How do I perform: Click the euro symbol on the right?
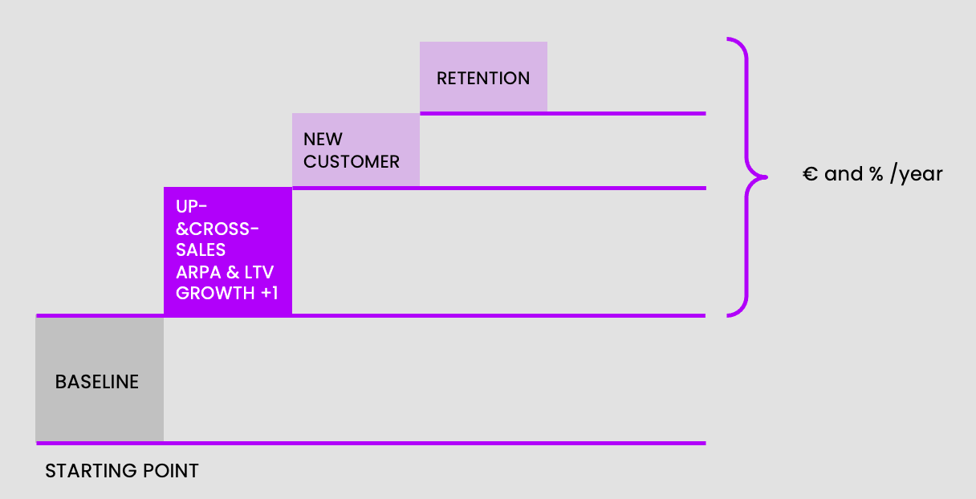click(x=810, y=174)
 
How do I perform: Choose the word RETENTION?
click(x=483, y=79)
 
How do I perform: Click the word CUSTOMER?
click(x=352, y=162)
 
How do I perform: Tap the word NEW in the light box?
click(x=323, y=140)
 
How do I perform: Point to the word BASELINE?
click(x=97, y=382)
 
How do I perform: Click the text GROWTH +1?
click(x=227, y=294)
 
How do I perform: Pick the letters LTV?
click(x=258, y=272)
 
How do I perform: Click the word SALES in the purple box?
click(x=201, y=250)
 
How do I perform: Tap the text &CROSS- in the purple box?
click(x=218, y=229)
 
